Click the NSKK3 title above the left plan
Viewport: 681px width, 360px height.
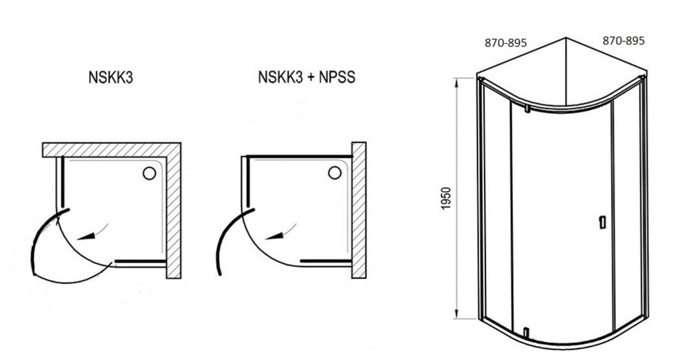(110, 77)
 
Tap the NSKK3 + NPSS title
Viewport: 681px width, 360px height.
(307, 77)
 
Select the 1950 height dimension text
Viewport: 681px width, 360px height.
(446, 198)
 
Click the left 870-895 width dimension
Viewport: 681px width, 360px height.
(505, 43)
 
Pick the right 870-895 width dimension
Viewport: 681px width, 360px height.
(623, 41)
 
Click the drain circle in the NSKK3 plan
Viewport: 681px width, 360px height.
(149, 174)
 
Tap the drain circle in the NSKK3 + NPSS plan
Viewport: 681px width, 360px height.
(335, 172)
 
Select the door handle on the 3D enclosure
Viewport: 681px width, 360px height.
(602, 222)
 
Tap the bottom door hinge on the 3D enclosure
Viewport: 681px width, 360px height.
(525, 333)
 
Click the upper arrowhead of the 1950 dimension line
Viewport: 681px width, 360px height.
(456, 83)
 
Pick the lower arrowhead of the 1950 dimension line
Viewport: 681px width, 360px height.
(456, 313)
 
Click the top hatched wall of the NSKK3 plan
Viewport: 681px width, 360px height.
(112, 149)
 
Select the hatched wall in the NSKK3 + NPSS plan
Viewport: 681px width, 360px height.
(358, 210)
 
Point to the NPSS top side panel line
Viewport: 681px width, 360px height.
(299, 156)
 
